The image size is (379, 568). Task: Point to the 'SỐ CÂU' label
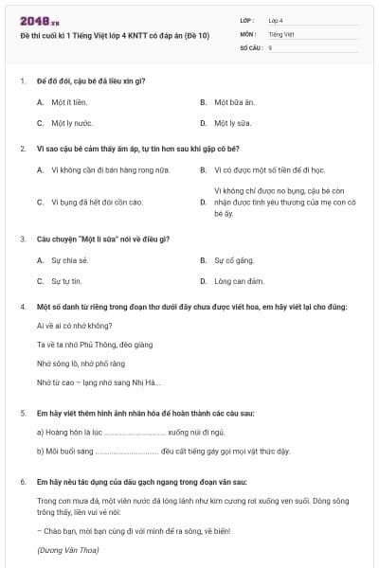[x=250, y=46]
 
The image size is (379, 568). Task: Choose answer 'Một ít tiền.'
[x=68, y=101]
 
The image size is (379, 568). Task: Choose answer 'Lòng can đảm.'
[x=239, y=281]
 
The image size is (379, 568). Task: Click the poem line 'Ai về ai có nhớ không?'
[x=73, y=325]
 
